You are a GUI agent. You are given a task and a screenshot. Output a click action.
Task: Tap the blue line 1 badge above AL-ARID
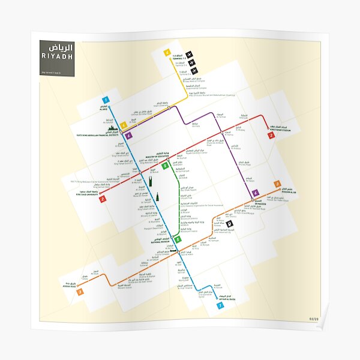[106, 99]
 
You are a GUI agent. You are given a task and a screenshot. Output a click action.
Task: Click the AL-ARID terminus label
[100, 110]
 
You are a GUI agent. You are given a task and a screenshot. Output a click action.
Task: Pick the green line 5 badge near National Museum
[178, 240]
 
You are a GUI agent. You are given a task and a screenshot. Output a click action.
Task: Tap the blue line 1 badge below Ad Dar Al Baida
[220, 305]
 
